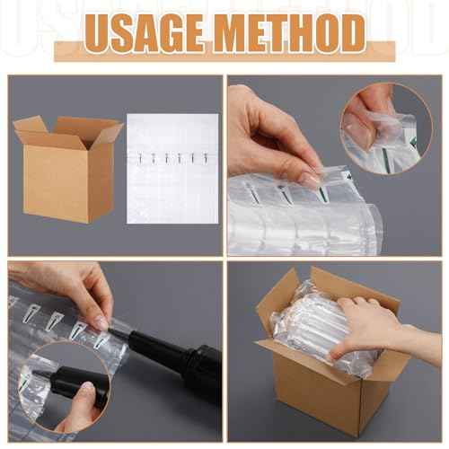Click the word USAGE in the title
145,33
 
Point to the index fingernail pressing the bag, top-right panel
311,179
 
